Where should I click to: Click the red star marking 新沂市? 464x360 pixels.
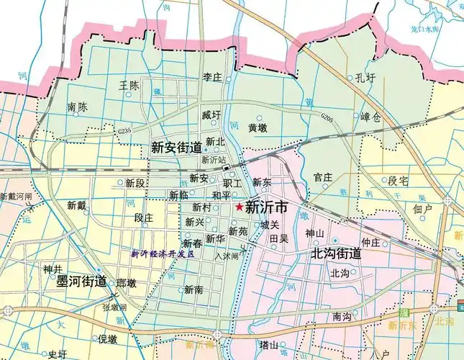click(238, 207)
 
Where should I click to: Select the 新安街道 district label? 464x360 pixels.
click(176, 148)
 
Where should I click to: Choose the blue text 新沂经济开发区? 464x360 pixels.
click(163, 254)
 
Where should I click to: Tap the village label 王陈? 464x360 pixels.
click(129, 86)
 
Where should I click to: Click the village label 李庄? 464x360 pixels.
click(212, 76)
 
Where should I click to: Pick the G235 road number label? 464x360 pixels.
click(123, 131)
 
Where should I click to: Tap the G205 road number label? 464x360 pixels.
click(327, 116)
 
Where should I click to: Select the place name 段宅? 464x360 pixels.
click(398, 180)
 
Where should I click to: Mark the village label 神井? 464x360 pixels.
click(53, 269)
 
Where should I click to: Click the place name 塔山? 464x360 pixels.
click(268, 345)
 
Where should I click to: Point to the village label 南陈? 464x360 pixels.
click(78, 107)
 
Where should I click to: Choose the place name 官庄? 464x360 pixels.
click(323, 176)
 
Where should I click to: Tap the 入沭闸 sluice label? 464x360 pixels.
click(226, 256)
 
